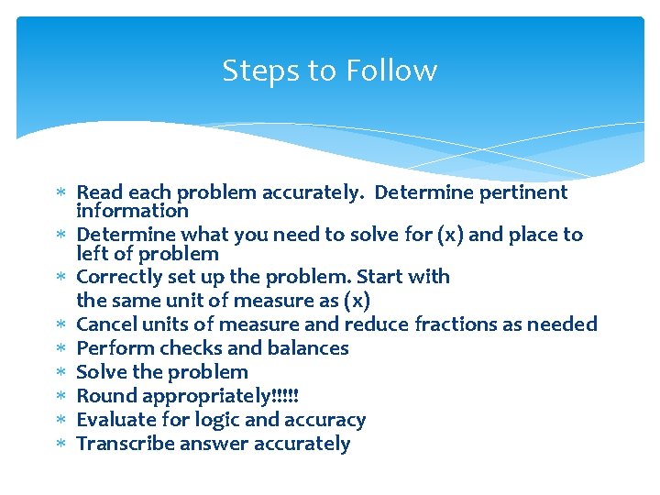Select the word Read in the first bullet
point(99,192)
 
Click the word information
point(132,212)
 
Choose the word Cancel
point(105,324)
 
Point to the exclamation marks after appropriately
point(285,396)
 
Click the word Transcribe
point(122,444)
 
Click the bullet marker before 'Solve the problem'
point(62,373)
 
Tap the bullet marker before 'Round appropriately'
point(62,397)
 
